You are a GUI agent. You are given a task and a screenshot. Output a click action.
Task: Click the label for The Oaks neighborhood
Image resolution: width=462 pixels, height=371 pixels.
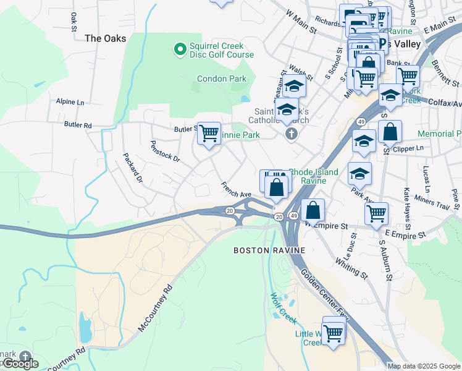[x=105, y=38]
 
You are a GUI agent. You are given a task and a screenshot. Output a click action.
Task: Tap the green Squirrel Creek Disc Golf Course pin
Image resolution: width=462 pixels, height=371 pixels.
[x=180, y=48]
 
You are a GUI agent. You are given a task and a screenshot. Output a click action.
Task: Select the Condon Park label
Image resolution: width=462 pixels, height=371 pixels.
[x=221, y=79]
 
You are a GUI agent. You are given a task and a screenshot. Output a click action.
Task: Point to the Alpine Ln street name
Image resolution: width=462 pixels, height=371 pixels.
[x=70, y=101]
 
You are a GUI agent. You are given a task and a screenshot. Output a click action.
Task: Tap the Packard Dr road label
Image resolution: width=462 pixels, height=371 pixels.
[x=132, y=168]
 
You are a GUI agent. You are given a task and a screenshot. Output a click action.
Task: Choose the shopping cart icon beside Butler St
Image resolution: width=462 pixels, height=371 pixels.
[x=209, y=133]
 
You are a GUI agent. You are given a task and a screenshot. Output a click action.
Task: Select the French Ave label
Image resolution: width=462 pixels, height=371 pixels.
[x=236, y=186]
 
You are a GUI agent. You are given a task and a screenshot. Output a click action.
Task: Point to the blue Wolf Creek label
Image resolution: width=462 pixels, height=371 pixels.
[x=283, y=307]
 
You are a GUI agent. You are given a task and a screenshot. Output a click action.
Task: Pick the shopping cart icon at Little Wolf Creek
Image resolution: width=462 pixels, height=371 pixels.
[x=334, y=333]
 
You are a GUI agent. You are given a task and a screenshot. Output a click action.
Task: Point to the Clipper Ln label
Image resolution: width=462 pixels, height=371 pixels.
[x=411, y=148]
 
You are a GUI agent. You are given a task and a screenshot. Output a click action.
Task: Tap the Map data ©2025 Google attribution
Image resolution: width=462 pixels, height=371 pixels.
[x=423, y=366]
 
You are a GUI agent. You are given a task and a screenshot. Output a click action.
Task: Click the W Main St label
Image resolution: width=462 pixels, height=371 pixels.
[x=301, y=22]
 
